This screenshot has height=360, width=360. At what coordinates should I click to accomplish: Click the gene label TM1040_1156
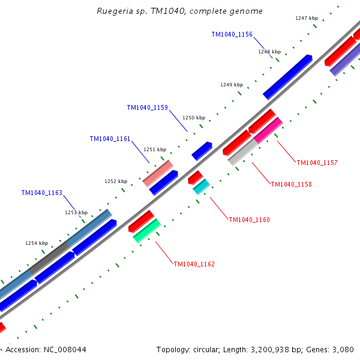pyautogui.click(x=232, y=35)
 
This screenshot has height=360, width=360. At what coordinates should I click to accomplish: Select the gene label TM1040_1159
pyautogui.click(x=147, y=108)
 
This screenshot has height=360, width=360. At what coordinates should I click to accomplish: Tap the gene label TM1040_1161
pyautogui.click(x=110, y=139)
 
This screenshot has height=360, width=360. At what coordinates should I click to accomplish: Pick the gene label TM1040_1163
pyautogui.click(x=41, y=193)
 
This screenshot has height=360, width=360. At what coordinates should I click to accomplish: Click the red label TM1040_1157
pyautogui.click(x=317, y=163)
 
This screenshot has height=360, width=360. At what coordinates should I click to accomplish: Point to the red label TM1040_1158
pyautogui.click(x=291, y=184)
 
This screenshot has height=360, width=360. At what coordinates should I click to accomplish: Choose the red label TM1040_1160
pyautogui.click(x=249, y=220)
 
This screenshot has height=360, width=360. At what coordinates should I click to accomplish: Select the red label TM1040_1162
pyautogui.click(x=194, y=264)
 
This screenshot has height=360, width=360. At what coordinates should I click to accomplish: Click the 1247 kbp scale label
pyautogui.click(x=307, y=18)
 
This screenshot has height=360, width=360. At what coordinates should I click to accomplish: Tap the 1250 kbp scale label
pyautogui.click(x=194, y=118)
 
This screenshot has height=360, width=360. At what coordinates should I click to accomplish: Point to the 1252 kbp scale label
pyautogui.click(x=116, y=181)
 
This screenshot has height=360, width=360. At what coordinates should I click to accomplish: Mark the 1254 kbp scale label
pyautogui.click(x=37, y=243)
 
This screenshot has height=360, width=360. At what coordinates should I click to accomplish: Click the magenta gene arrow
pyautogui.click(x=268, y=130)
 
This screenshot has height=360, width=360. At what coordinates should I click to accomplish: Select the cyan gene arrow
pyautogui.click(x=201, y=187)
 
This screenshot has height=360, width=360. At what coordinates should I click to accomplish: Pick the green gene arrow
pyautogui.click(x=146, y=230)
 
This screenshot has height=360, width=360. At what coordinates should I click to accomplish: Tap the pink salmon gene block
pyautogui.click(x=158, y=173)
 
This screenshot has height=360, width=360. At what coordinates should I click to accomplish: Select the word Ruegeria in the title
pyautogui.click(x=115, y=11)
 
